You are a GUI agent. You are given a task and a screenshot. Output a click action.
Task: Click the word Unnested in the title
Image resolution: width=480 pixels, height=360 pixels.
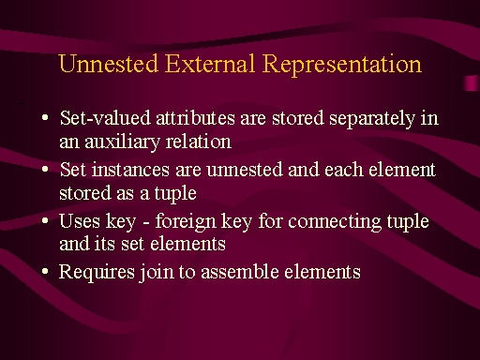tap(108, 64)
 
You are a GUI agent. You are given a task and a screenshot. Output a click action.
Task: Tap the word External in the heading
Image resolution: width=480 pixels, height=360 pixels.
tap(210, 64)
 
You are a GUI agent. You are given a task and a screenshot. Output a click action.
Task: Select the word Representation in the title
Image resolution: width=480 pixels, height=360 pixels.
tap(342, 66)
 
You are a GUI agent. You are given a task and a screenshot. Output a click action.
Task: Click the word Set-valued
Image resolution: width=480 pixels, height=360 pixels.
tap(105, 118)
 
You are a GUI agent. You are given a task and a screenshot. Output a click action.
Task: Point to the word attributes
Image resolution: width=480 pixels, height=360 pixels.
tap(195, 118)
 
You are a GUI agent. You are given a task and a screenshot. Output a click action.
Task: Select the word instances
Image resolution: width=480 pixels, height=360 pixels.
tap(130, 170)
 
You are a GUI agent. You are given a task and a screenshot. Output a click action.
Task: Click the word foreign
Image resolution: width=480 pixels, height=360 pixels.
tap(186, 222)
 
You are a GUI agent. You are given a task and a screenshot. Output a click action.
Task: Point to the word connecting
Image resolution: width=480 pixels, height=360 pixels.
tap(335, 222)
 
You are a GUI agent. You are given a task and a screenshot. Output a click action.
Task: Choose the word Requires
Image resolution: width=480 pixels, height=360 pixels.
tap(97, 273)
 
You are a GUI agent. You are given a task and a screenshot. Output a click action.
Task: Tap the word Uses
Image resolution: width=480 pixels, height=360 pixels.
tap(80, 221)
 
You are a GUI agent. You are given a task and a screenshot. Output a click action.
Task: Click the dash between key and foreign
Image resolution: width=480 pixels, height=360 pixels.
tap(145, 223)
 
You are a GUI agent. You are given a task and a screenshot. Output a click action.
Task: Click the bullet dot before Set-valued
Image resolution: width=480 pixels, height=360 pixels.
tap(45, 118)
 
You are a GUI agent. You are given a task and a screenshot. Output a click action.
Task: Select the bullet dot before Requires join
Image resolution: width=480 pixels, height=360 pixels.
tap(45, 271)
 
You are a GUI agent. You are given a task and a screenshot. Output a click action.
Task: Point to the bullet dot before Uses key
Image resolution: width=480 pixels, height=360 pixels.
tap(45, 220)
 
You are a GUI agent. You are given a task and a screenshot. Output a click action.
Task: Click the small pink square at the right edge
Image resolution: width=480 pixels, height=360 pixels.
tap(472, 83)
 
